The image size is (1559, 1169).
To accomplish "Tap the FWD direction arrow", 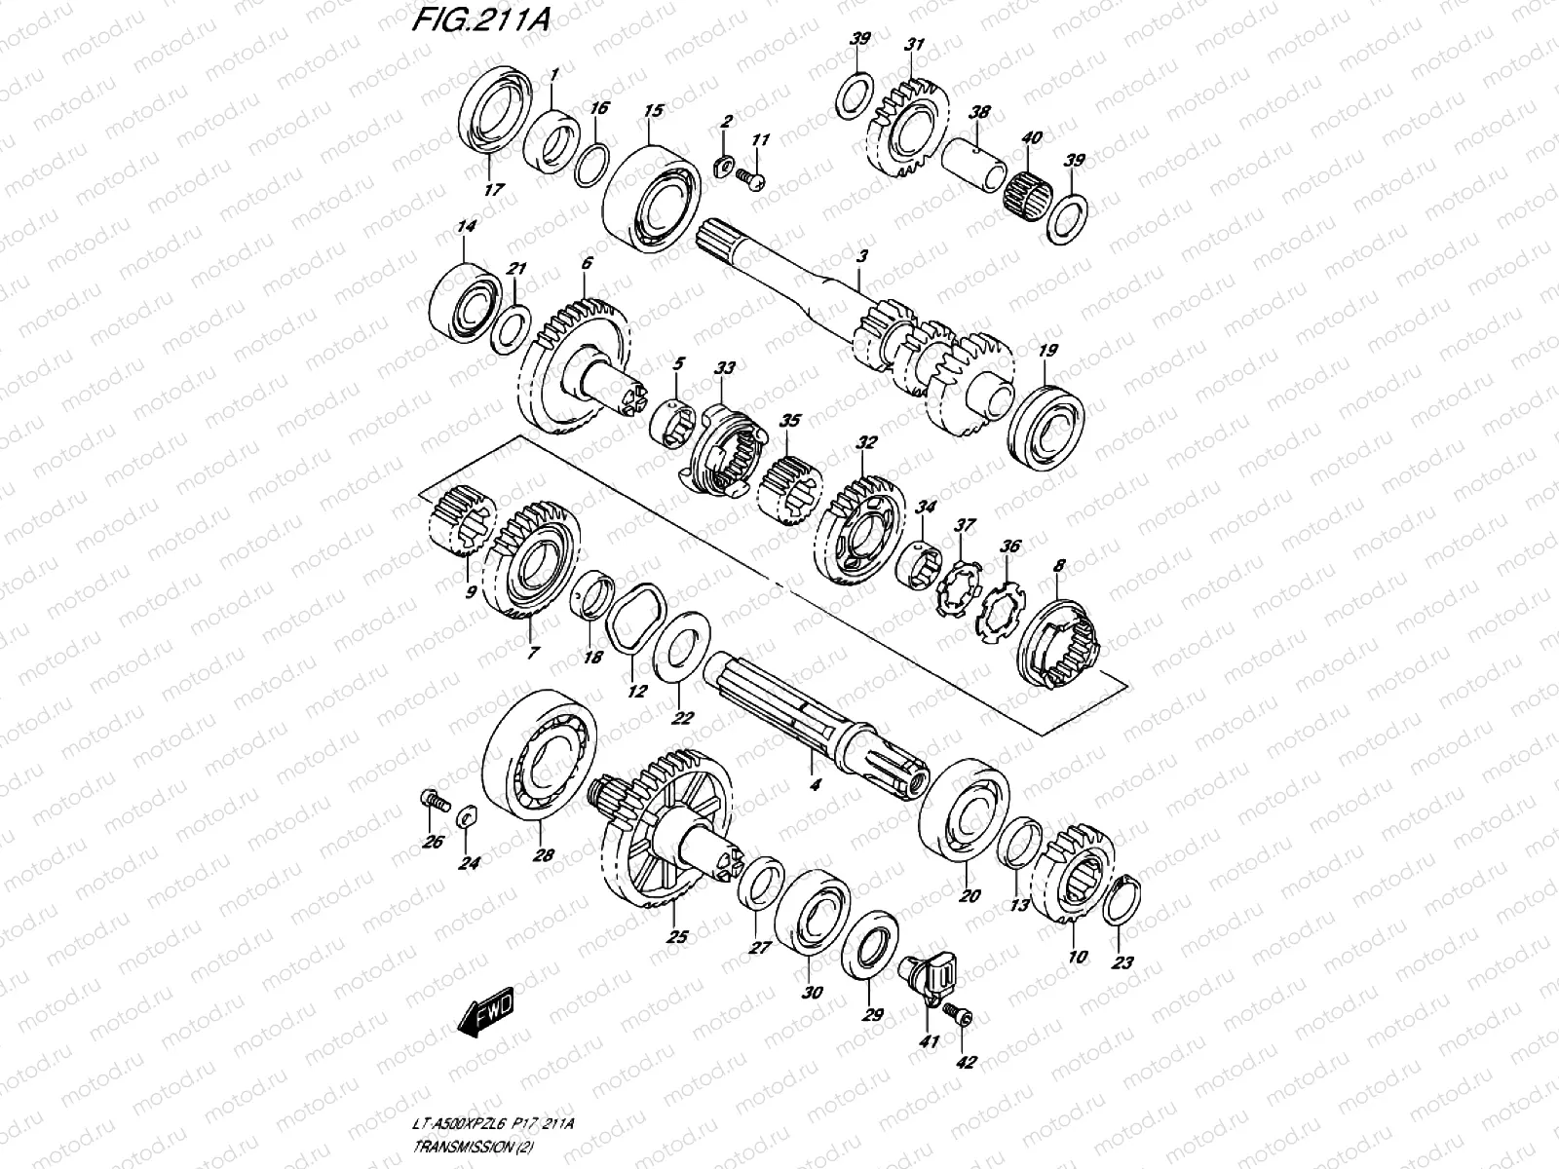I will (483, 1016).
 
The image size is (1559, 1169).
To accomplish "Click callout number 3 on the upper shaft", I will (861, 256).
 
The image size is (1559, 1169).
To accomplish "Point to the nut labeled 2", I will (724, 161).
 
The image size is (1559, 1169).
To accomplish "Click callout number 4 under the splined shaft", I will (815, 781).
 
